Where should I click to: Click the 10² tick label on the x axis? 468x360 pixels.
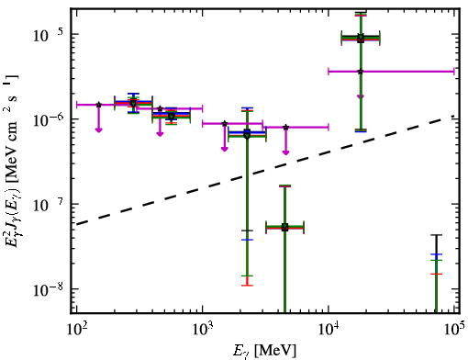[x=76, y=329]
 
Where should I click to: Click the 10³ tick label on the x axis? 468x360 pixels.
[x=203, y=329]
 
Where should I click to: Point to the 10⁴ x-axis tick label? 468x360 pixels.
[x=329, y=329]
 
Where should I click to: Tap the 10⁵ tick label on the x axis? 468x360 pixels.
[x=454, y=329]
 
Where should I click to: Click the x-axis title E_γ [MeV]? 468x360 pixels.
[x=264, y=351]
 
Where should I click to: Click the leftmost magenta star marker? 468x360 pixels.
[x=98, y=105]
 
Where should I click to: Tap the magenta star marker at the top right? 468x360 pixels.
[x=361, y=72]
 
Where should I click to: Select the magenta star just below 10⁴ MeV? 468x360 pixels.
[x=285, y=127]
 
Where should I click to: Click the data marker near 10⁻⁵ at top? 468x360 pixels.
[x=361, y=39]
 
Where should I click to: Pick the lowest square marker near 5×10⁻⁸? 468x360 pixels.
[x=284, y=228]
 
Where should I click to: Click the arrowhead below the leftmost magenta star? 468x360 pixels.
[x=98, y=130]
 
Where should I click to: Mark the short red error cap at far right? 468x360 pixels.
[x=436, y=274]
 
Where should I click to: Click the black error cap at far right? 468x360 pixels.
[x=436, y=235]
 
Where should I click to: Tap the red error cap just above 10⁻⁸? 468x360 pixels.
[x=247, y=286]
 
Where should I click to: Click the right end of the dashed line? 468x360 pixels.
[x=454, y=116]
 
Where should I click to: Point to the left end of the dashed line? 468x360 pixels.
[x=76, y=224]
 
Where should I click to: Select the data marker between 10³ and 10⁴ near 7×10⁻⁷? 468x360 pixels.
[x=247, y=134]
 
